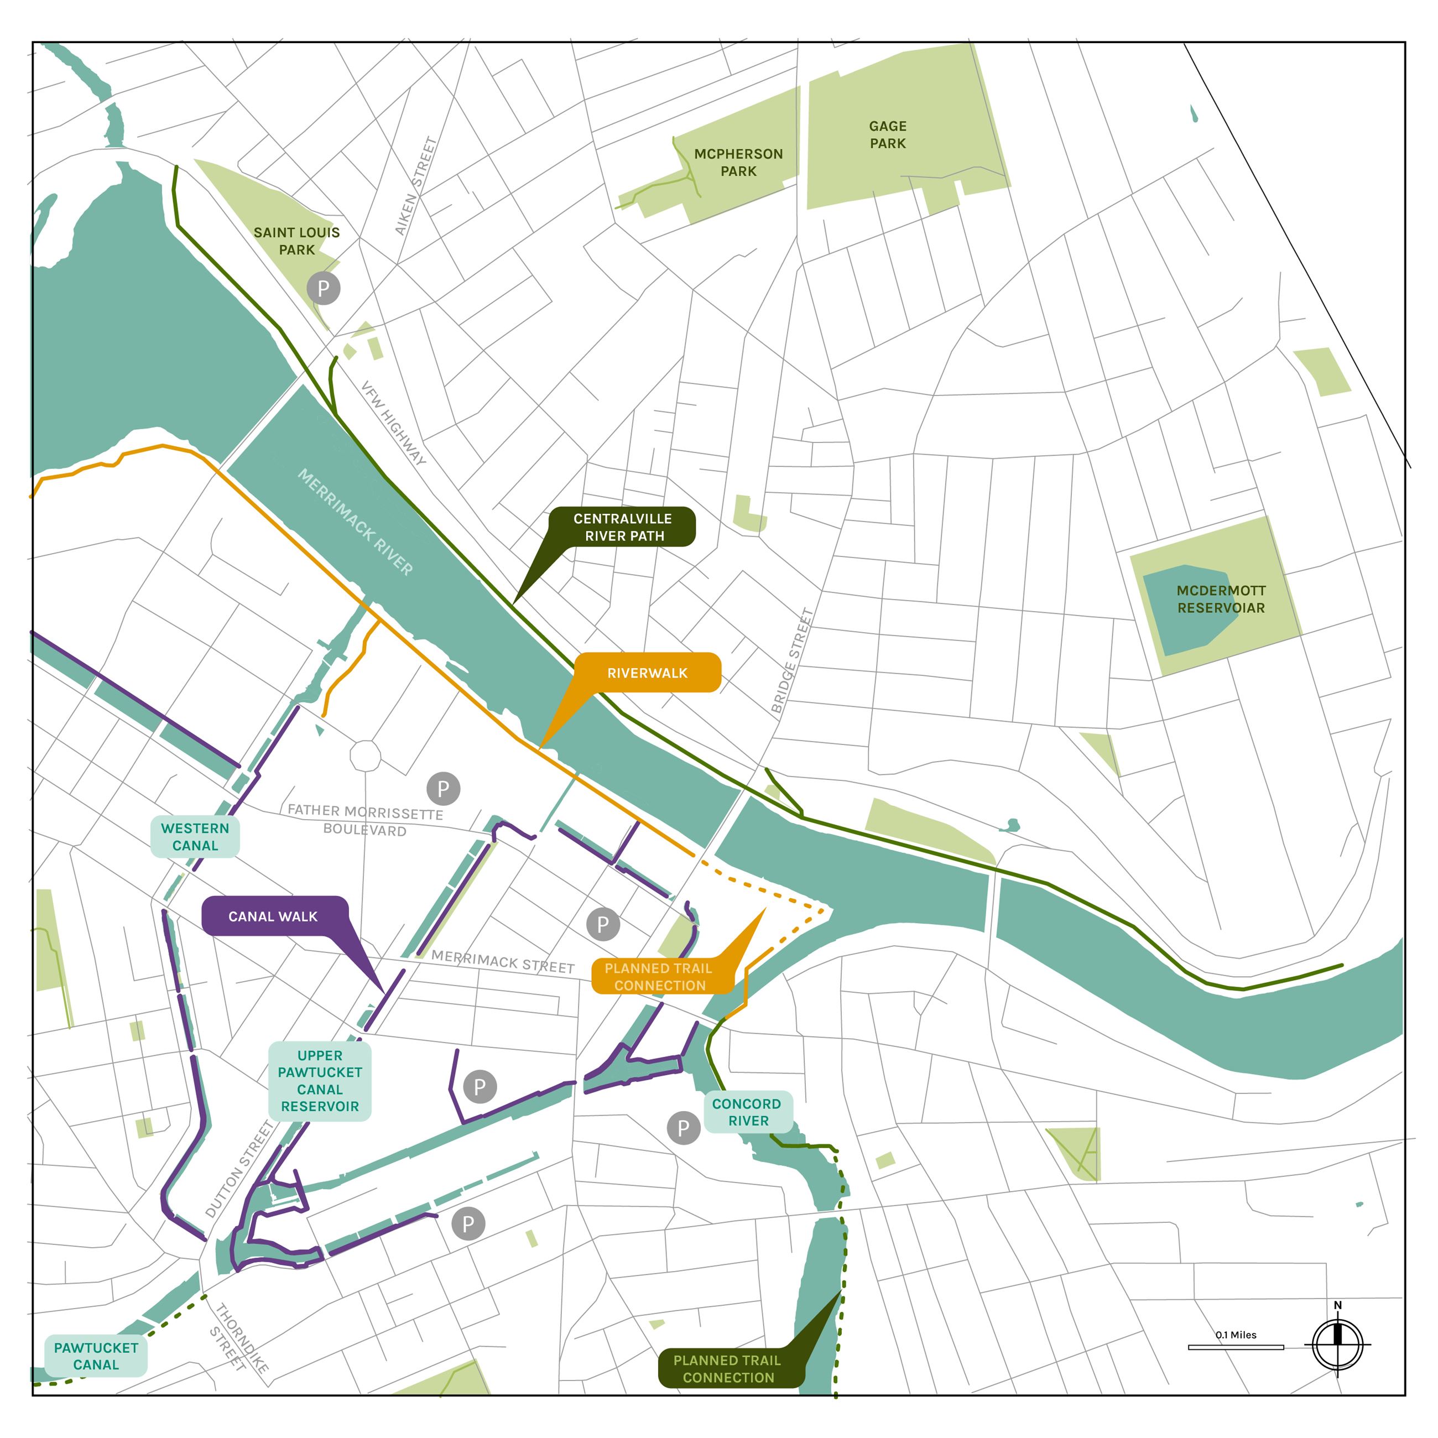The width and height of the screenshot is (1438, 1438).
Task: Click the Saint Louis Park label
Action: click(296, 241)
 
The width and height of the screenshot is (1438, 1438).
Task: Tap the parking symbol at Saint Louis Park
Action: click(323, 289)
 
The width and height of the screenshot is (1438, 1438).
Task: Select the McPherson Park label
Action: click(738, 162)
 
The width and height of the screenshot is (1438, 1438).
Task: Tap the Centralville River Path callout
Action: click(622, 527)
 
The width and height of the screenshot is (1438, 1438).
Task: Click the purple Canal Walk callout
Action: click(273, 916)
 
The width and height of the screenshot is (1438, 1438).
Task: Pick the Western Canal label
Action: click(195, 837)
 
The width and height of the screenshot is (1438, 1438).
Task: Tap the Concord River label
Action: click(747, 1112)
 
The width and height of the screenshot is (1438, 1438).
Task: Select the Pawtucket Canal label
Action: click(96, 1356)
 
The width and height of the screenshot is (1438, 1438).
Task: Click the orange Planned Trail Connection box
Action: click(659, 977)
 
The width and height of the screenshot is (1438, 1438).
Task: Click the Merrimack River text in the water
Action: click(355, 522)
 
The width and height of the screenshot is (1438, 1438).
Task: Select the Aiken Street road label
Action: click(415, 186)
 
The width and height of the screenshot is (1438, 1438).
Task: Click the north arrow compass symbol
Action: click(1337, 1344)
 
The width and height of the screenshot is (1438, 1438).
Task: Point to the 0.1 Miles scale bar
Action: click(1236, 1346)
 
